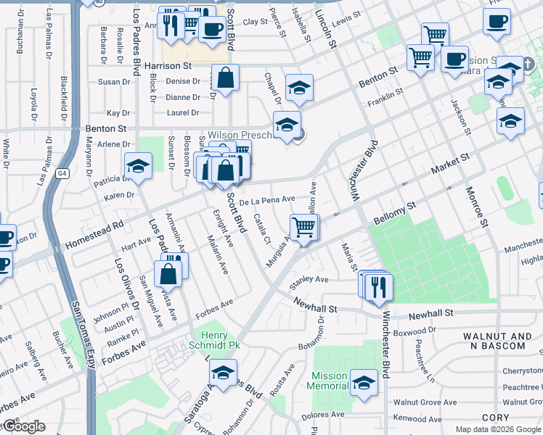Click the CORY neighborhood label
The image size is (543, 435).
tap(495, 418)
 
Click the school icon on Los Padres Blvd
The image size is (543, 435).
tap(138, 167)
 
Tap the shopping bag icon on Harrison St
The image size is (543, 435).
tap(226, 78)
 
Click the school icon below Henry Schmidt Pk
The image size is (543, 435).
tap(223, 373)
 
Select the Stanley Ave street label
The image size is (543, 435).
tap(309, 279)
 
